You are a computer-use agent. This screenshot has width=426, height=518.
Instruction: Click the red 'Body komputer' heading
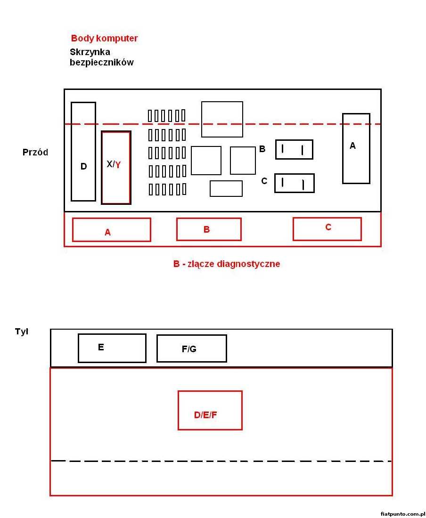coord(104,38)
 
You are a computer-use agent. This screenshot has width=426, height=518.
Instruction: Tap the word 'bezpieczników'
coord(101,62)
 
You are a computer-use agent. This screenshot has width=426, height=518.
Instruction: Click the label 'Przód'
coord(35,152)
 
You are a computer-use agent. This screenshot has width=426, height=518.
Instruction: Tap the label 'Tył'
coord(22,332)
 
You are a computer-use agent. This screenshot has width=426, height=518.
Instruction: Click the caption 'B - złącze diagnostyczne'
coord(226,264)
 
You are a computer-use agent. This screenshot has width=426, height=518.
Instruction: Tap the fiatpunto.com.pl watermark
coord(402,514)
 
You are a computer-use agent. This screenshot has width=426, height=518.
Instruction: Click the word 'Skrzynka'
coord(90,52)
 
